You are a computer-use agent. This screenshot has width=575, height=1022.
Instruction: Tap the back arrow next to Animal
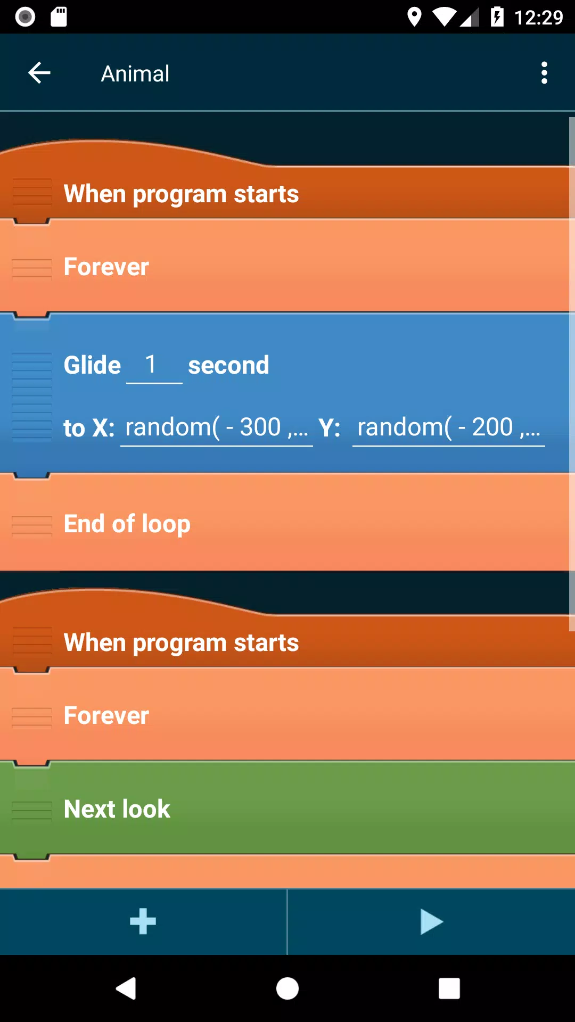[39, 73]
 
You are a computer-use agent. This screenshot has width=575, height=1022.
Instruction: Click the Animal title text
[135, 73]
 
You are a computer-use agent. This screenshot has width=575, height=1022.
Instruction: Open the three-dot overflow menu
[544, 73]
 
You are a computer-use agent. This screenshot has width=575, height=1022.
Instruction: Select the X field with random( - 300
[217, 427]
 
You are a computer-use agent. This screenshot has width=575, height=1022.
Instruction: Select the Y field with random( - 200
[449, 427]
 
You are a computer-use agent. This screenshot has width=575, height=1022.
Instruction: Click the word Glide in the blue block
[92, 365]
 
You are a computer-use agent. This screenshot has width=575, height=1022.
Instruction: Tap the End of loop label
[127, 524]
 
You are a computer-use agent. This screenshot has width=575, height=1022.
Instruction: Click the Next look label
[117, 809]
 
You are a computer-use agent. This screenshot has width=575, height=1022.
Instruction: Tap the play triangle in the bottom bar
[431, 922]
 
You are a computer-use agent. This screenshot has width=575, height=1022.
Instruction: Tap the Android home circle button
[287, 988]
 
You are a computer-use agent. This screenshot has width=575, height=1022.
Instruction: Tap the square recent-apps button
[449, 988]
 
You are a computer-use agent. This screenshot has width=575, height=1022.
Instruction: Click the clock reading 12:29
[538, 18]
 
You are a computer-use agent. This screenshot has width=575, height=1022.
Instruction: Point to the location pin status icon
[414, 17]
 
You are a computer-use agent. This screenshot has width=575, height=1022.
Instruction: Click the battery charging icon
[497, 17]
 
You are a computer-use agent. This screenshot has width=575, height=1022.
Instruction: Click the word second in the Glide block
[228, 365]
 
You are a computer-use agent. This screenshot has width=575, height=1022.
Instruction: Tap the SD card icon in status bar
[59, 17]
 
